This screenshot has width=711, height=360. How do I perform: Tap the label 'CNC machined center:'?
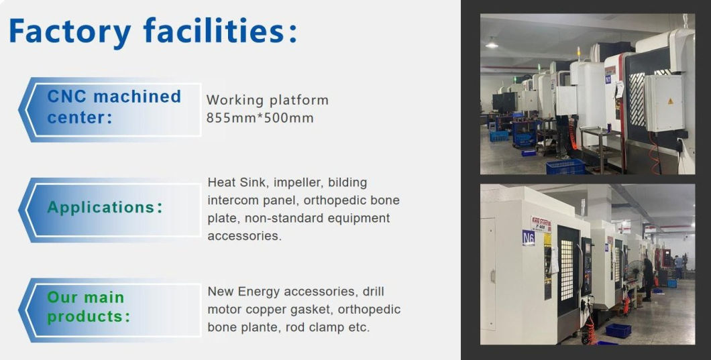[x=114, y=107]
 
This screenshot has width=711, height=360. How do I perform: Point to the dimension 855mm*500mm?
[x=260, y=119]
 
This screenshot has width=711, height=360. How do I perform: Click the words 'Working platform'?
[x=267, y=101]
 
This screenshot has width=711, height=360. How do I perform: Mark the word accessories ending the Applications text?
[x=244, y=236]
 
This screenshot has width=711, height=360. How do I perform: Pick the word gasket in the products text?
[x=311, y=310]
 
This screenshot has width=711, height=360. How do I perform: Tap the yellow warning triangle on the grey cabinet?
[x=668, y=101]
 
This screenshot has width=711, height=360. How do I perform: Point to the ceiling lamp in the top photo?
[x=492, y=45]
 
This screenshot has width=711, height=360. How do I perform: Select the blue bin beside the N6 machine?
[x=618, y=330]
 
